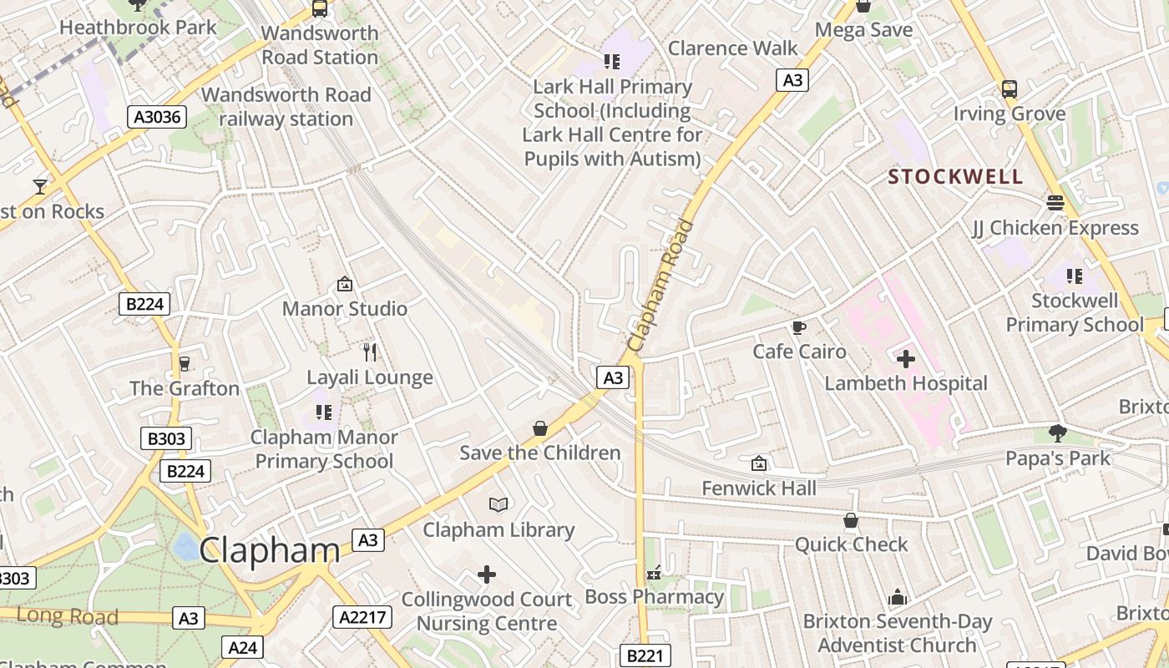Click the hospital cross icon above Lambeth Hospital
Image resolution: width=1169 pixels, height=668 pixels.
click(x=906, y=359)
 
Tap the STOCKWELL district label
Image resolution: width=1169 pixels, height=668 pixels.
click(x=955, y=177)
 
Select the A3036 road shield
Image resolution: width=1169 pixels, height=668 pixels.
click(x=157, y=117)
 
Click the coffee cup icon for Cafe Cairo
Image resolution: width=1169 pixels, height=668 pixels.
click(x=799, y=327)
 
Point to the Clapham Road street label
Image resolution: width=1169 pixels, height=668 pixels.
click(x=660, y=286)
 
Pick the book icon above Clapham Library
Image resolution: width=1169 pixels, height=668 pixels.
click(x=498, y=504)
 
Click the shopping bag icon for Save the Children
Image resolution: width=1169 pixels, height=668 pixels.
click(x=540, y=428)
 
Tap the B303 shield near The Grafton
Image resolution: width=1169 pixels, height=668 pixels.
click(x=166, y=438)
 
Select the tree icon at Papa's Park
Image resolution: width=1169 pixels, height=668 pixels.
click(x=1058, y=433)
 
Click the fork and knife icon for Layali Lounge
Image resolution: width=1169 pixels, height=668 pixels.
click(x=370, y=352)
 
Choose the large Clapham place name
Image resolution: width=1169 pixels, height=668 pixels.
click(x=269, y=550)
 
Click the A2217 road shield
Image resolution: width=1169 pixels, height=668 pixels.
click(x=362, y=617)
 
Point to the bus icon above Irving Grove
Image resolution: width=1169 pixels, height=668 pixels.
click(x=1009, y=89)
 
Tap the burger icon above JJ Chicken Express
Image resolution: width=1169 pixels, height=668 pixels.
click(x=1055, y=203)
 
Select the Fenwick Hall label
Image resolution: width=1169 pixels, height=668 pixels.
click(x=759, y=488)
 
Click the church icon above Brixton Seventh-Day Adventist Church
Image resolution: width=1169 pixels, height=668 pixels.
click(x=898, y=597)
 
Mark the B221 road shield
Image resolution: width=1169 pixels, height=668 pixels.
click(x=644, y=656)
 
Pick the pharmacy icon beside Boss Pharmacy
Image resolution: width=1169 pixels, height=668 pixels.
click(x=654, y=573)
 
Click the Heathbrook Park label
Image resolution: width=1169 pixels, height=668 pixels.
click(x=139, y=27)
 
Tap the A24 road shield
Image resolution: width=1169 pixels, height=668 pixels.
click(x=243, y=647)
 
